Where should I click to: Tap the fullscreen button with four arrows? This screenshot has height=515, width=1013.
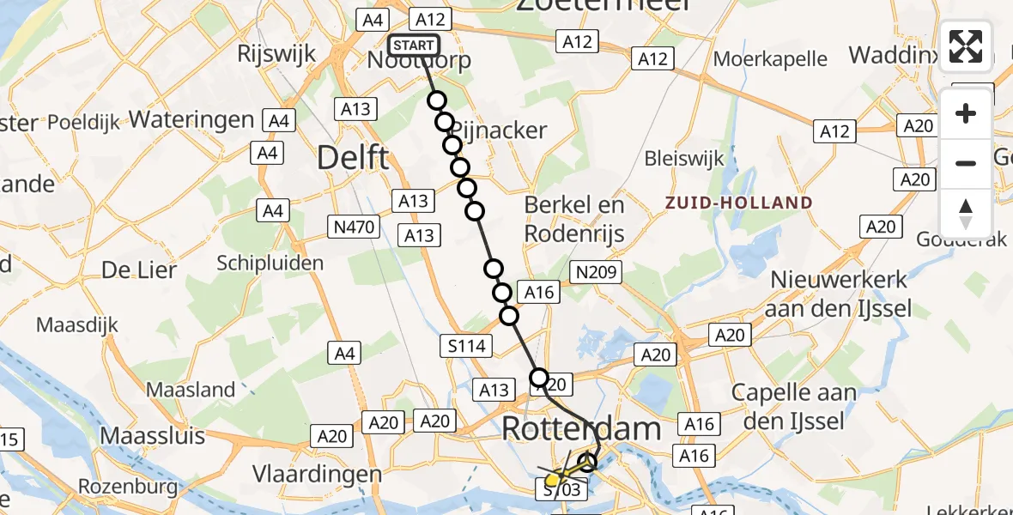pos(966,46)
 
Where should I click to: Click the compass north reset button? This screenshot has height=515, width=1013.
pos(966,213)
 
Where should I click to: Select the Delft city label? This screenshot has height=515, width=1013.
pos(353,158)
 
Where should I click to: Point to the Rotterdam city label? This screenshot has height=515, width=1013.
pos(581,429)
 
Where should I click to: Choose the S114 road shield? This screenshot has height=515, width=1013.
pos(467,347)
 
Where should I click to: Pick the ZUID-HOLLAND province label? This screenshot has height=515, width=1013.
pos(738,203)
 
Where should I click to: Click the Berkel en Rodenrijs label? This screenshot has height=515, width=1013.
pos(573,220)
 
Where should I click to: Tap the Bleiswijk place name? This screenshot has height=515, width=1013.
pos(683,159)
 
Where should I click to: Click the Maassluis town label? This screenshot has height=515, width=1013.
pos(153,435)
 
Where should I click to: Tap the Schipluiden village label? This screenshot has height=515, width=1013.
pos(270,263)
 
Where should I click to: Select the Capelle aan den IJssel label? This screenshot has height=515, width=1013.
pos(793,408)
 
